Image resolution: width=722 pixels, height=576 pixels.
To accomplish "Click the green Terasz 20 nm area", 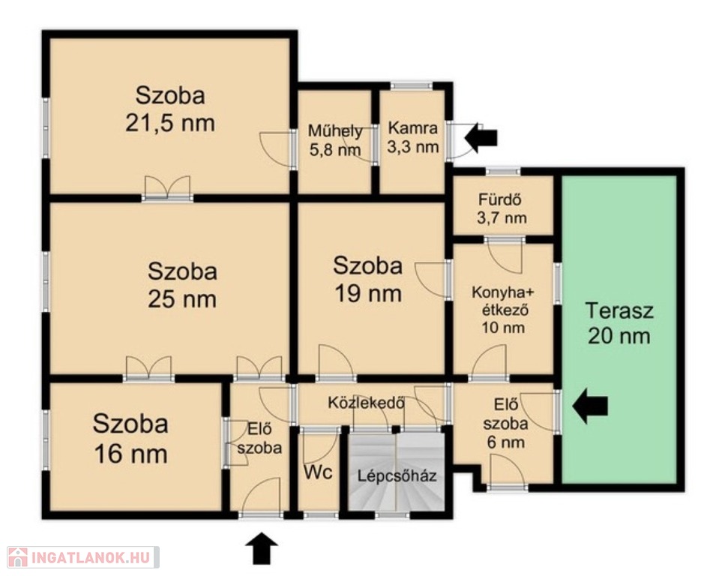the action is tap(619, 329).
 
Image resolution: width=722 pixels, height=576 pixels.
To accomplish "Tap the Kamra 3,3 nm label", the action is tap(413, 137).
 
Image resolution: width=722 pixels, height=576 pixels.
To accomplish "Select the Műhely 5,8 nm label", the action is tap(334, 140).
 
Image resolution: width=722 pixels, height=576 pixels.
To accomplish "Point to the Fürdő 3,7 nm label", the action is tap(502, 208).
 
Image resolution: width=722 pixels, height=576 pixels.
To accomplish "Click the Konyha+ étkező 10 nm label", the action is tap(503, 310).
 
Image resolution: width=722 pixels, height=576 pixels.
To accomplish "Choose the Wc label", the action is tap(318, 472).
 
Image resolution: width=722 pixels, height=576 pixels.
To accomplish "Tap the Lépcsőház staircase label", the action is tap(397, 475).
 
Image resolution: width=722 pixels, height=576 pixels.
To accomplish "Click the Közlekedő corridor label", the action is tap(367, 403).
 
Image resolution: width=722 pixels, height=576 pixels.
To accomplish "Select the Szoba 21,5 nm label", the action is tap(170, 109).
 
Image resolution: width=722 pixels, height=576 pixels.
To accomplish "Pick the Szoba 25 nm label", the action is tap(182, 285).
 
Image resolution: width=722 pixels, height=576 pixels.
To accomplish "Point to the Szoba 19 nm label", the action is tap(368, 280).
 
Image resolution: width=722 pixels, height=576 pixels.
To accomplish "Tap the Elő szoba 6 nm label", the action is tap(505, 424).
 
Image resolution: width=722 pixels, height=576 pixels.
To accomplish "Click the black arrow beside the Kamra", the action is tap(481, 137).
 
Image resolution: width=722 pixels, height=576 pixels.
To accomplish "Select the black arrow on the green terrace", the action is tap(590, 406).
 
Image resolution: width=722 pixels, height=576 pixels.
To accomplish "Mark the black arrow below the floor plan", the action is tap(262, 548).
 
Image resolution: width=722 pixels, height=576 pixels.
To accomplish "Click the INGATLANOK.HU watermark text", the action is tap(91, 557).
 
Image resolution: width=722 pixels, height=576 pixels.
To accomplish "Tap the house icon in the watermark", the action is tap(17, 557).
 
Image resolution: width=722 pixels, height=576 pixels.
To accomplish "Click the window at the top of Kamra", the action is tap(411, 85).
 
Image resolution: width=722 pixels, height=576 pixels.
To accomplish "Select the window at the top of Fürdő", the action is tap(503, 172).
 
